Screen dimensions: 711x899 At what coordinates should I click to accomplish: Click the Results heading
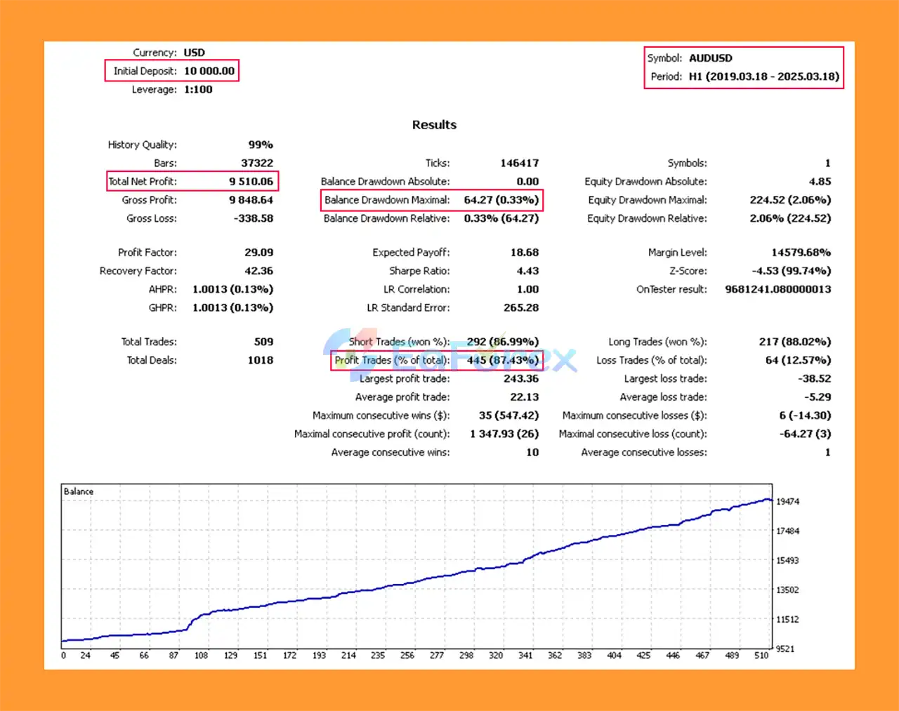coord(434,125)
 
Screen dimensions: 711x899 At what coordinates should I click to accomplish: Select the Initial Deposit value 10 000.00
coord(209,71)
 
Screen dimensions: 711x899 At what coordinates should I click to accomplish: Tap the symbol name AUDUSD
coord(710,58)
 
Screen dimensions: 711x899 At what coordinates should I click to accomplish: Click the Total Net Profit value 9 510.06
coord(251,182)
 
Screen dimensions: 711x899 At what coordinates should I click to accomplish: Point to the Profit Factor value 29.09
coord(258,253)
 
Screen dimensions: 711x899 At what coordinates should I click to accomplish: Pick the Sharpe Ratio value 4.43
coord(527,271)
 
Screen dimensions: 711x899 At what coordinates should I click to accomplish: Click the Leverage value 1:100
coord(198,90)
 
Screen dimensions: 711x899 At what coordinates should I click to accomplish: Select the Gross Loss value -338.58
coord(253,218)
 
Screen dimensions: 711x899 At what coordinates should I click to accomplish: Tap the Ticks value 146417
coord(519,163)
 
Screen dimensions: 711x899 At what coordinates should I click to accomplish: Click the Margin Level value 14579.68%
coord(801,253)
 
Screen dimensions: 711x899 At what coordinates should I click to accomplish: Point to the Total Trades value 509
coord(263,342)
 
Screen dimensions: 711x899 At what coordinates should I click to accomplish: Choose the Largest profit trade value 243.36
coord(520,379)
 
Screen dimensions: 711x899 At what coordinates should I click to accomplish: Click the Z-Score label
coord(688,271)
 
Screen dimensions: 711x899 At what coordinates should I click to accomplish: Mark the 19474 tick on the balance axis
coord(787,502)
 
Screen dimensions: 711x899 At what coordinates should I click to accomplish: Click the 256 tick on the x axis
coord(407,656)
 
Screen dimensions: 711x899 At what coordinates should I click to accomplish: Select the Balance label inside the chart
coord(79,491)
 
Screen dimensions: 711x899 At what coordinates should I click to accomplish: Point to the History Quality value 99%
coord(260,145)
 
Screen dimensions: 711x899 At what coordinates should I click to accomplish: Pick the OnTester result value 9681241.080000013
coord(777,289)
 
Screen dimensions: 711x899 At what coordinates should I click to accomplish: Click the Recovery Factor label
coord(138,271)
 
